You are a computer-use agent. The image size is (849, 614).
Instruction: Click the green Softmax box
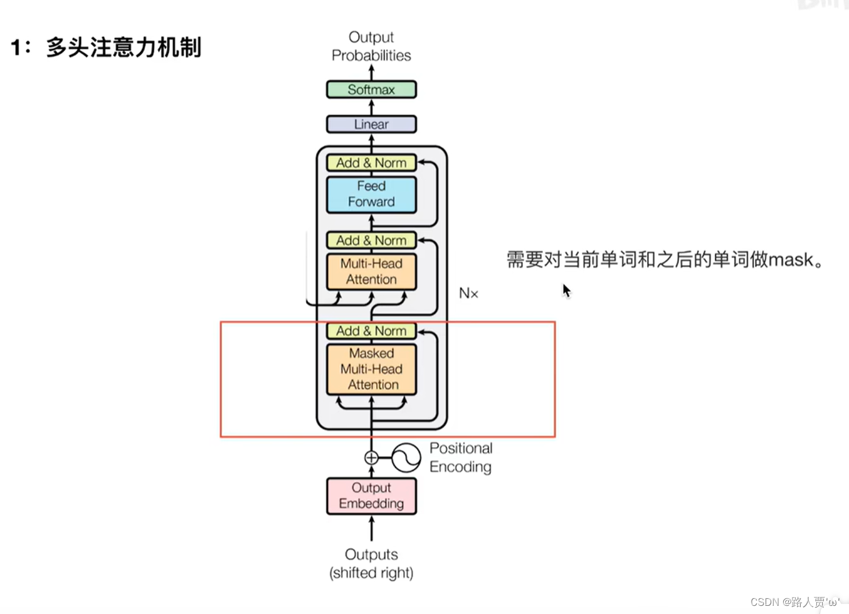pos(371,90)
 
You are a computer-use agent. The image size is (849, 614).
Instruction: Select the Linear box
pos(371,124)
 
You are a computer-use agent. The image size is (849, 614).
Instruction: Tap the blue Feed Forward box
pos(371,194)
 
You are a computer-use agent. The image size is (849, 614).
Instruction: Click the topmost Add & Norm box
pos(371,163)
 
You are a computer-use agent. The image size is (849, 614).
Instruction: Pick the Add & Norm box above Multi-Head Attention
pos(371,241)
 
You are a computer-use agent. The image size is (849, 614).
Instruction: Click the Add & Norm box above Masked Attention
pos(371,331)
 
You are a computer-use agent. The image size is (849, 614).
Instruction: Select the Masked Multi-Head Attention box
pos(371,369)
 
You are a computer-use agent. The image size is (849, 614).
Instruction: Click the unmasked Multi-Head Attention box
pos(371,271)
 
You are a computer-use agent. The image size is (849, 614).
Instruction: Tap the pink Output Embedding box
pos(371,496)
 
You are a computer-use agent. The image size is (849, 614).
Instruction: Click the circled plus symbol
pos(371,458)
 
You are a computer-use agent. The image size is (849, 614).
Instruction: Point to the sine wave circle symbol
pos(406,458)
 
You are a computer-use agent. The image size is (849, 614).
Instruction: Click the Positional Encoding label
pos(461,457)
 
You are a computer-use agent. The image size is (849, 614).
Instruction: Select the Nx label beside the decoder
pos(468,293)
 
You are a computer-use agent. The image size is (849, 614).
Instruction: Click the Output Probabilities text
pos(371,46)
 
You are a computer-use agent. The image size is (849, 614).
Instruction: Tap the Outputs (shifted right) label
pos(371,563)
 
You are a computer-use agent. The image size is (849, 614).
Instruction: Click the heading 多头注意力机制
pos(123,48)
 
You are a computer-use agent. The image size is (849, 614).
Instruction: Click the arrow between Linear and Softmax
pos(371,107)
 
